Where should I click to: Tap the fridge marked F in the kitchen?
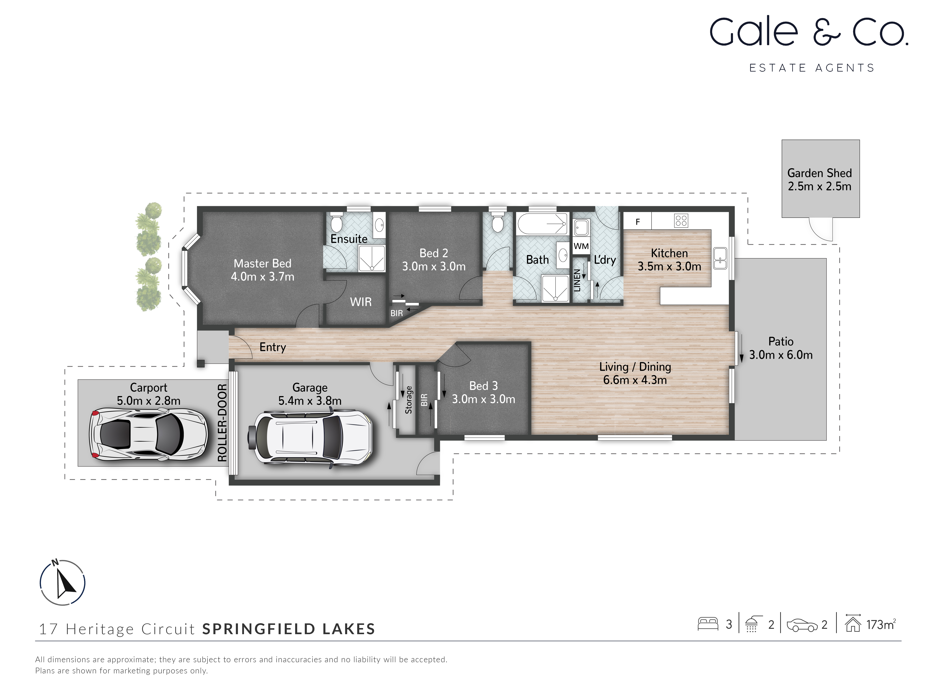[637, 221]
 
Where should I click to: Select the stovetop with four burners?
[681, 221]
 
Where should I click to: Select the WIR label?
[361, 302]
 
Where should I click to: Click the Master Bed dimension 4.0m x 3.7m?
[263, 276]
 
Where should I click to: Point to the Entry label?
[273, 347]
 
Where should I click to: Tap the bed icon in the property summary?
[708, 624]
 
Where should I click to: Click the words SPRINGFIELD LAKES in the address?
[289, 629]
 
